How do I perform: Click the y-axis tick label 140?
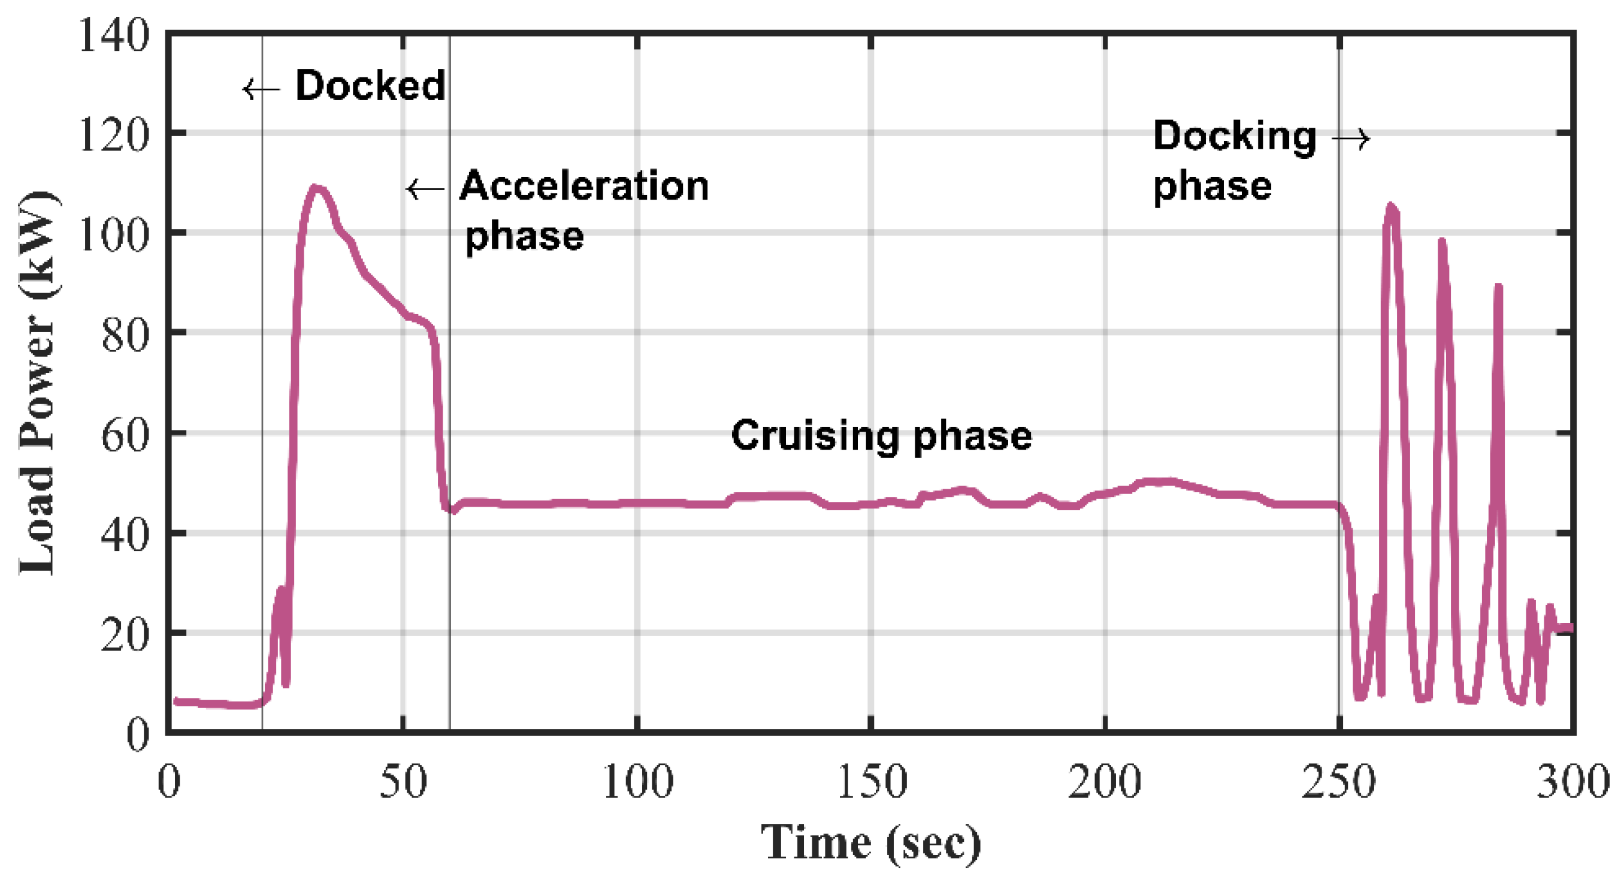click(x=114, y=34)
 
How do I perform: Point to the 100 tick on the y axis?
click(x=114, y=234)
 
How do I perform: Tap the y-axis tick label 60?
click(x=125, y=435)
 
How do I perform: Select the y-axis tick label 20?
click(x=125, y=635)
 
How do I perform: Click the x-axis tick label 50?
click(x=403, y=782)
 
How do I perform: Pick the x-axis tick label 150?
click(x=872, y=782)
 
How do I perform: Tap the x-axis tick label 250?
click(x=1338, y=782)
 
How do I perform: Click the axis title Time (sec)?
click(x=872, y=842)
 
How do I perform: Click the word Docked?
click(x=370, y=86)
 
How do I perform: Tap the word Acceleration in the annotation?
click(x=584, y=186)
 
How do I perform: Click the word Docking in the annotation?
click(x=1235, y=137)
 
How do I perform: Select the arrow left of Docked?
click(x=261, y=89)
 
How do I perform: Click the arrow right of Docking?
click(x=1351, y=138)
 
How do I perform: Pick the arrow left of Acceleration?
click(x=425, y=188)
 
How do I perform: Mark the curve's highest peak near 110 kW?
click(x=316, y=188)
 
